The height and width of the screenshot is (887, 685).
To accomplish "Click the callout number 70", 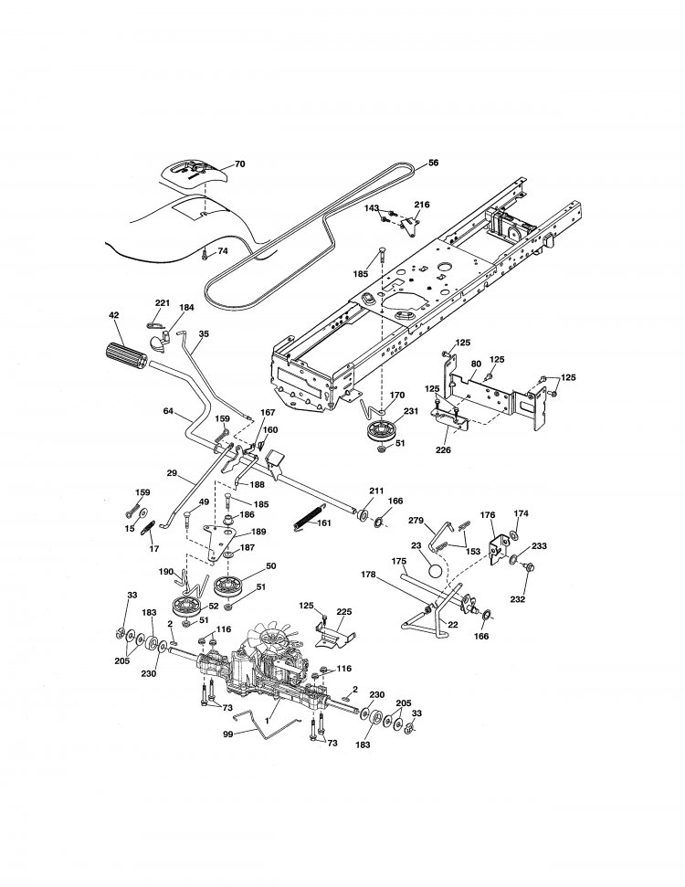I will pyautogui.click(x=240, y=164).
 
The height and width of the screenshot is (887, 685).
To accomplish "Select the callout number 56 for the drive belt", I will pyautogui.click(x=433, y=163).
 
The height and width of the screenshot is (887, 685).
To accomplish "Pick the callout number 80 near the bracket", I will pyautogui.click(x=475, y=364).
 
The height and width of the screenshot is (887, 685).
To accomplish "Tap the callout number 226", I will pyautogui.click(x=442, y=449).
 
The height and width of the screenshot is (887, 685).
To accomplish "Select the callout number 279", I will pyautogui.click(x=416, y=520).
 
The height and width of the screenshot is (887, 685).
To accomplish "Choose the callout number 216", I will pyautogui.click(x=422, y=205).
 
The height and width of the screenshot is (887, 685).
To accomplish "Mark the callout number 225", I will pyautogui.click(x=343, y=613).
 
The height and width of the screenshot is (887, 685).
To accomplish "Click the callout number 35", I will pyautogui.click(x=203, y=334).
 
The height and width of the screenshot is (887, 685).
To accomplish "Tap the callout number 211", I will pyautogui.click(x=376, y=491).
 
